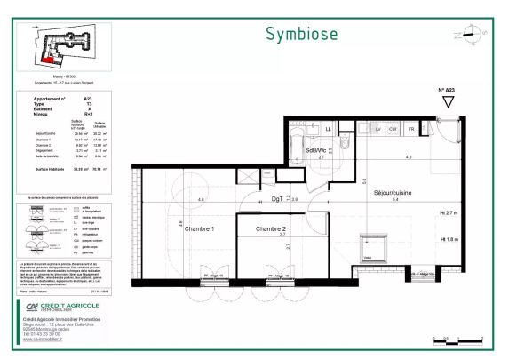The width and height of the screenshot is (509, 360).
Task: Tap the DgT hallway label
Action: click(x=279, y=201)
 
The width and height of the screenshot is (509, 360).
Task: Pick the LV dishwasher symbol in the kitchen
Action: click(x=378, y=131)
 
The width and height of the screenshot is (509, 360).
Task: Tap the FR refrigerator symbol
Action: click(x=411, y=131)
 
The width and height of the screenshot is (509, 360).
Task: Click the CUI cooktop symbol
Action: click(x=394, y=131)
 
